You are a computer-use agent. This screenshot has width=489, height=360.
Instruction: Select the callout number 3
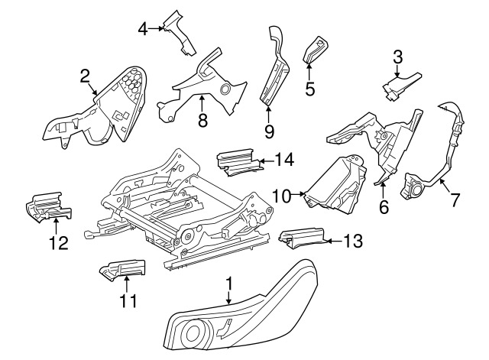397,56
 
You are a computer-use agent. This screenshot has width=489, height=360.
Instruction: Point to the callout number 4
142,29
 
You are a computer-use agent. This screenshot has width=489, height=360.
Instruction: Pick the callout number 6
384,206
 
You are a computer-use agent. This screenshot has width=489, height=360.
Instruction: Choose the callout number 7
455,200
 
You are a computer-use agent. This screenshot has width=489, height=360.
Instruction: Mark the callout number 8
202,120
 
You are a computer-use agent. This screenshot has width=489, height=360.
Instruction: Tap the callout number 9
269,131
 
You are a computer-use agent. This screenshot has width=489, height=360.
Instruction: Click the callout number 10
282,196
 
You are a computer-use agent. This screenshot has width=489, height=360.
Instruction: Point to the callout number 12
58,243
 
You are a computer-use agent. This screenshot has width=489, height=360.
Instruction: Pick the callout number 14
283,161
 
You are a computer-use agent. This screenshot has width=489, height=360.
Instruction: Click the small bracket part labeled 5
316,49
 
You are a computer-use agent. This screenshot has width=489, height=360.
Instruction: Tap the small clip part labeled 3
399,85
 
